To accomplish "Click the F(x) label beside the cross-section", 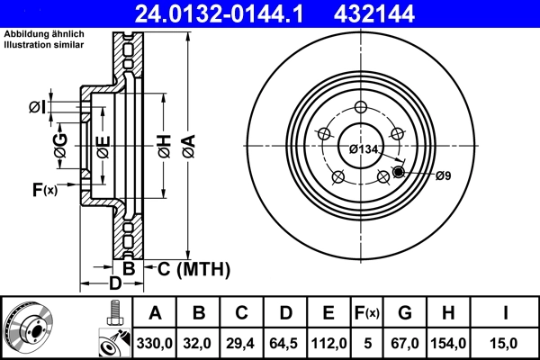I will (44, 190).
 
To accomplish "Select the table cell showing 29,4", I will (242, 342).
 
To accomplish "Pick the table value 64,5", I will (285, 342).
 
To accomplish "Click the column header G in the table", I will (405, 313).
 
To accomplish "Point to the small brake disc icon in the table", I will (30, 327).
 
